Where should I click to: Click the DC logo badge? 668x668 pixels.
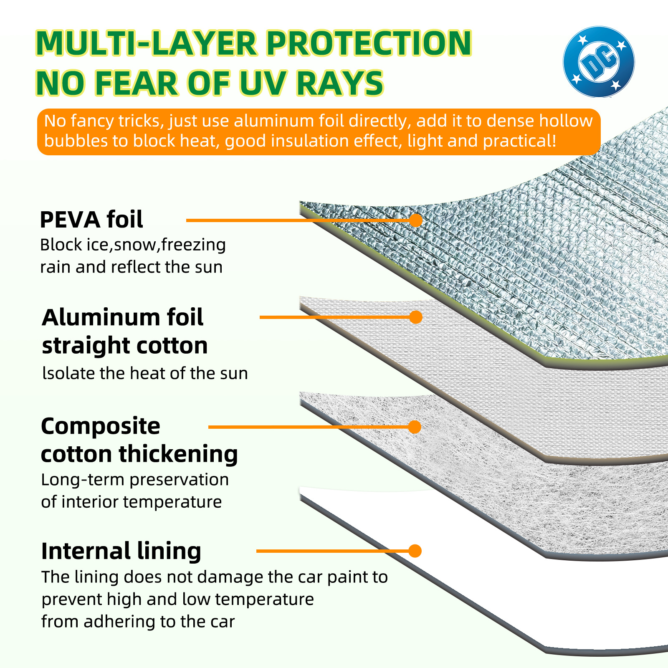coord(599,62)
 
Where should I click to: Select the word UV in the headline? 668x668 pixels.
coord(264,83)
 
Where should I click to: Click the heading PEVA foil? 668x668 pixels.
coord(91,220)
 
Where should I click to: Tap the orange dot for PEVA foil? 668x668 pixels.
coord(415,220)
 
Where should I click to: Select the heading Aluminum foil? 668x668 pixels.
coord(122,317)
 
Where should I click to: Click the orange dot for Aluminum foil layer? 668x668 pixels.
coord(415,317)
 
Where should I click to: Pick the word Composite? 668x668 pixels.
coord(101,426)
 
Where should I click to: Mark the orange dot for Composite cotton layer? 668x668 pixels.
coord(415,427)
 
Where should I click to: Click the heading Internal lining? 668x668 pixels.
coord(121,551)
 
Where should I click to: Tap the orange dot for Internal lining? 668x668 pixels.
coord(415,551)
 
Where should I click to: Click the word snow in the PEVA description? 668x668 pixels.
coord(134,245)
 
